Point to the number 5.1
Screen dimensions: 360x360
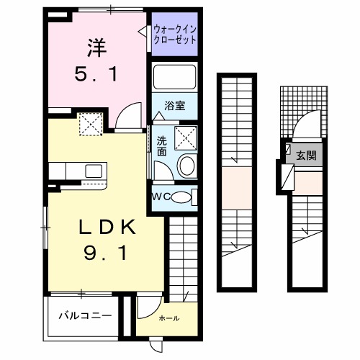coord(96,74)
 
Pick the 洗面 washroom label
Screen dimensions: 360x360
coord(161,147)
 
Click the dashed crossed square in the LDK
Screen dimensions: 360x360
coord(91,126)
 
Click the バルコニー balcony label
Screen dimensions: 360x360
coord(84,315)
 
